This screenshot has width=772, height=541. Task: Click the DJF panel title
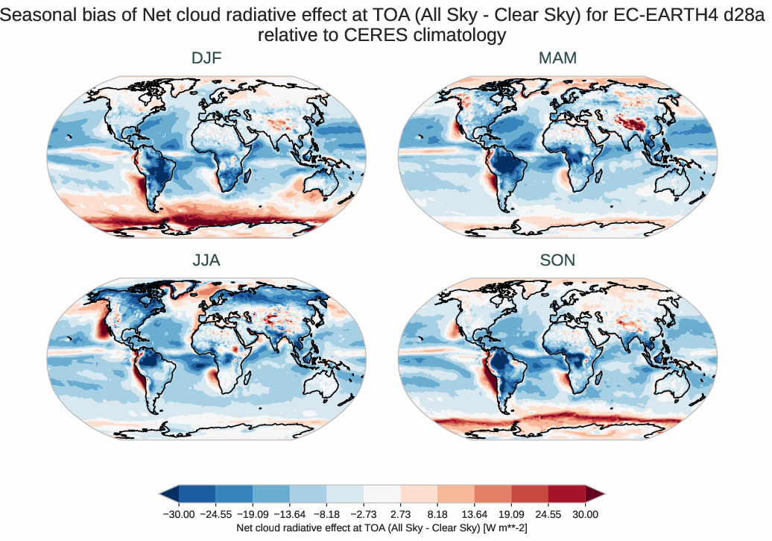click(206, 58)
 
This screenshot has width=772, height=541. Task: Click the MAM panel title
click(557, 58)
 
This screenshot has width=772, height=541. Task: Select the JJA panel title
click(206, 260)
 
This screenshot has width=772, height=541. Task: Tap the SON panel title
click(557, 260)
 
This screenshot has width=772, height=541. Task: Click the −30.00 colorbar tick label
click(177, 514)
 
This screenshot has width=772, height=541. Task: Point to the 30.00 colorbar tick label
click(585, 514)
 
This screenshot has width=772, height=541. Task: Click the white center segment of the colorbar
click(382, 494)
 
